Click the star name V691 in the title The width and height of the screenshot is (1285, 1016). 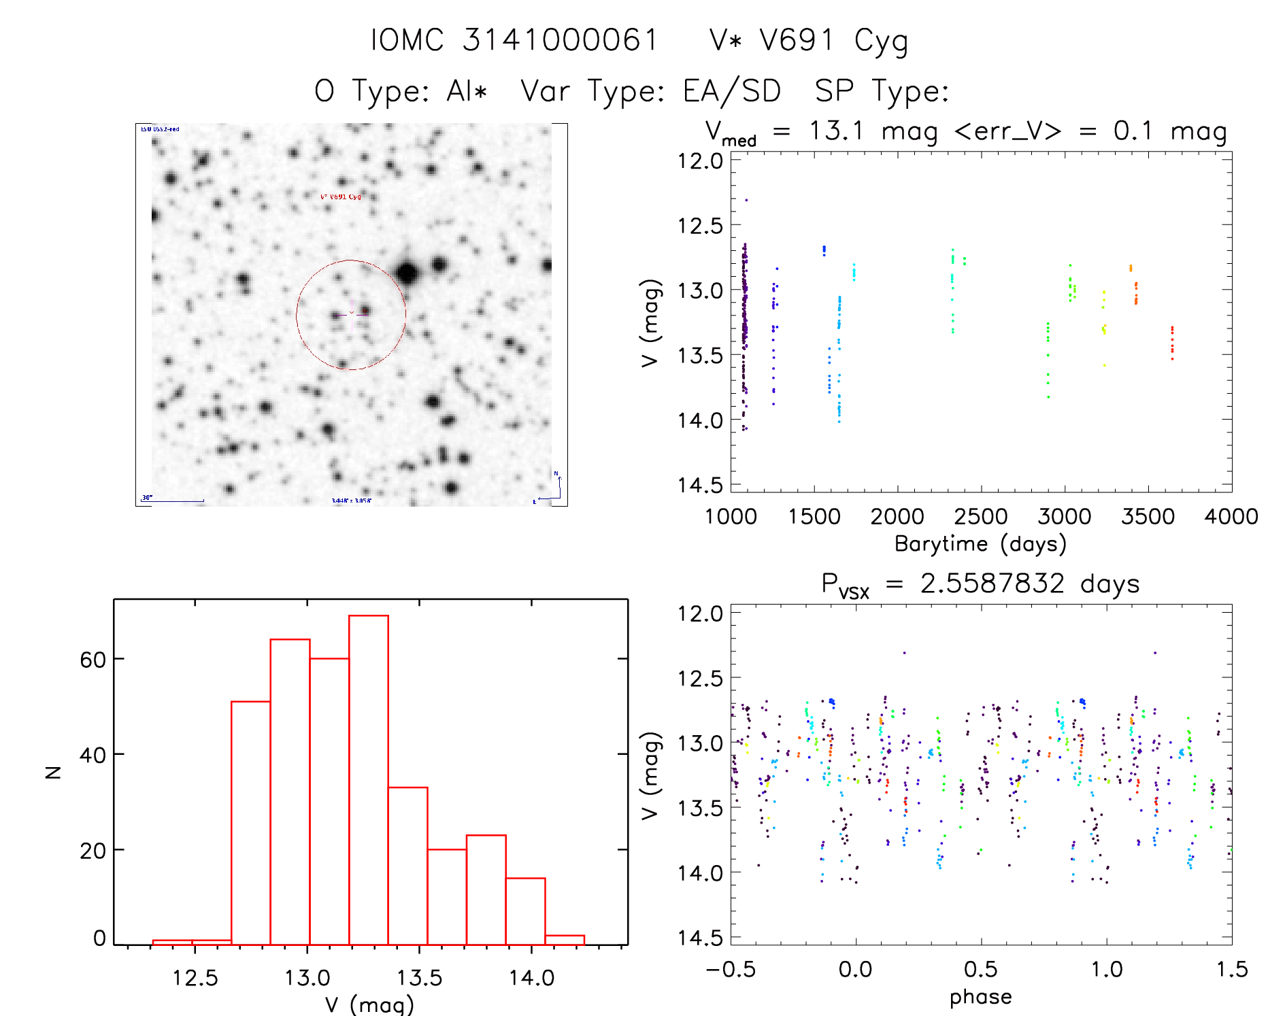pos(797,40)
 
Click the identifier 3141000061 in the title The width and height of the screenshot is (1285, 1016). pos(561,40)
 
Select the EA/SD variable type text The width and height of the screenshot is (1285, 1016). pos(732,91)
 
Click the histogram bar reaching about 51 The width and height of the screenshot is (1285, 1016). pos(250,823)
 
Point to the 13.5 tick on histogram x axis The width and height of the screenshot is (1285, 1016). pos(420,978)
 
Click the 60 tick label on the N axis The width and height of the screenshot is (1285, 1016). pos(93,660)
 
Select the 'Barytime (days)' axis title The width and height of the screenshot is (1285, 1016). pos(980,544)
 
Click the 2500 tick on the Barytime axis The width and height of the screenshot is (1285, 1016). pos(981,517)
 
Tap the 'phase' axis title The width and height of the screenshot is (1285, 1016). pos(980,997)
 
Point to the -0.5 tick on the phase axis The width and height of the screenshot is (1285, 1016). pos(731,970)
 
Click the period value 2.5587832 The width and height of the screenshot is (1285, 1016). pos(992,583)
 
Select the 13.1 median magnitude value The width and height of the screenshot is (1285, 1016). pos(836,131)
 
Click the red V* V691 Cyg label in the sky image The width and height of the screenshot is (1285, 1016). pos(340,197)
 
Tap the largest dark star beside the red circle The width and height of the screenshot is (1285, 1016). pos(407,273)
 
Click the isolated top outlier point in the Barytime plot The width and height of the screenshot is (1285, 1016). pos(746,200)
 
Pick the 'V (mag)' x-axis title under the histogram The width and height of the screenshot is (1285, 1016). pos(369,1004)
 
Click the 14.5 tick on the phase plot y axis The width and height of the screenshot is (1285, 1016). pos(700,938)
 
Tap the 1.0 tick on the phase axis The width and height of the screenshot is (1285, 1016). pos(1107,970)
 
